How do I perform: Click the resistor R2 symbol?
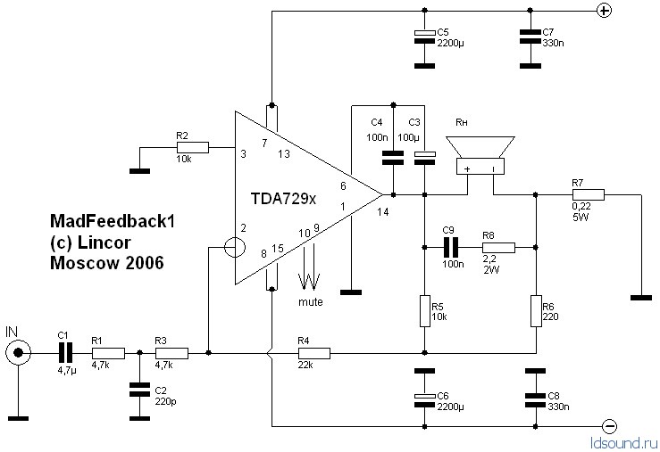(194, 149)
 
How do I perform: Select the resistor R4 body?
(315, 354)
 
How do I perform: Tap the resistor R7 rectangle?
(589, 194)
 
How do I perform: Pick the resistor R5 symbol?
(424, 311)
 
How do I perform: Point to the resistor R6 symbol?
(536, 311)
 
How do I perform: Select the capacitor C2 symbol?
(138, 390)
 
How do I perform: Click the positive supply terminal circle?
(604, 11)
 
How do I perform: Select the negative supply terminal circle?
(609, 426)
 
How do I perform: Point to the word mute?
(311, 302)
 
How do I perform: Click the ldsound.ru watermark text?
(623, 441)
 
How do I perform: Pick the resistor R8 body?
(498, 248)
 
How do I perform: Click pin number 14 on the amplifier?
(383, 211)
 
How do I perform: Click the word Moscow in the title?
(79, 263)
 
